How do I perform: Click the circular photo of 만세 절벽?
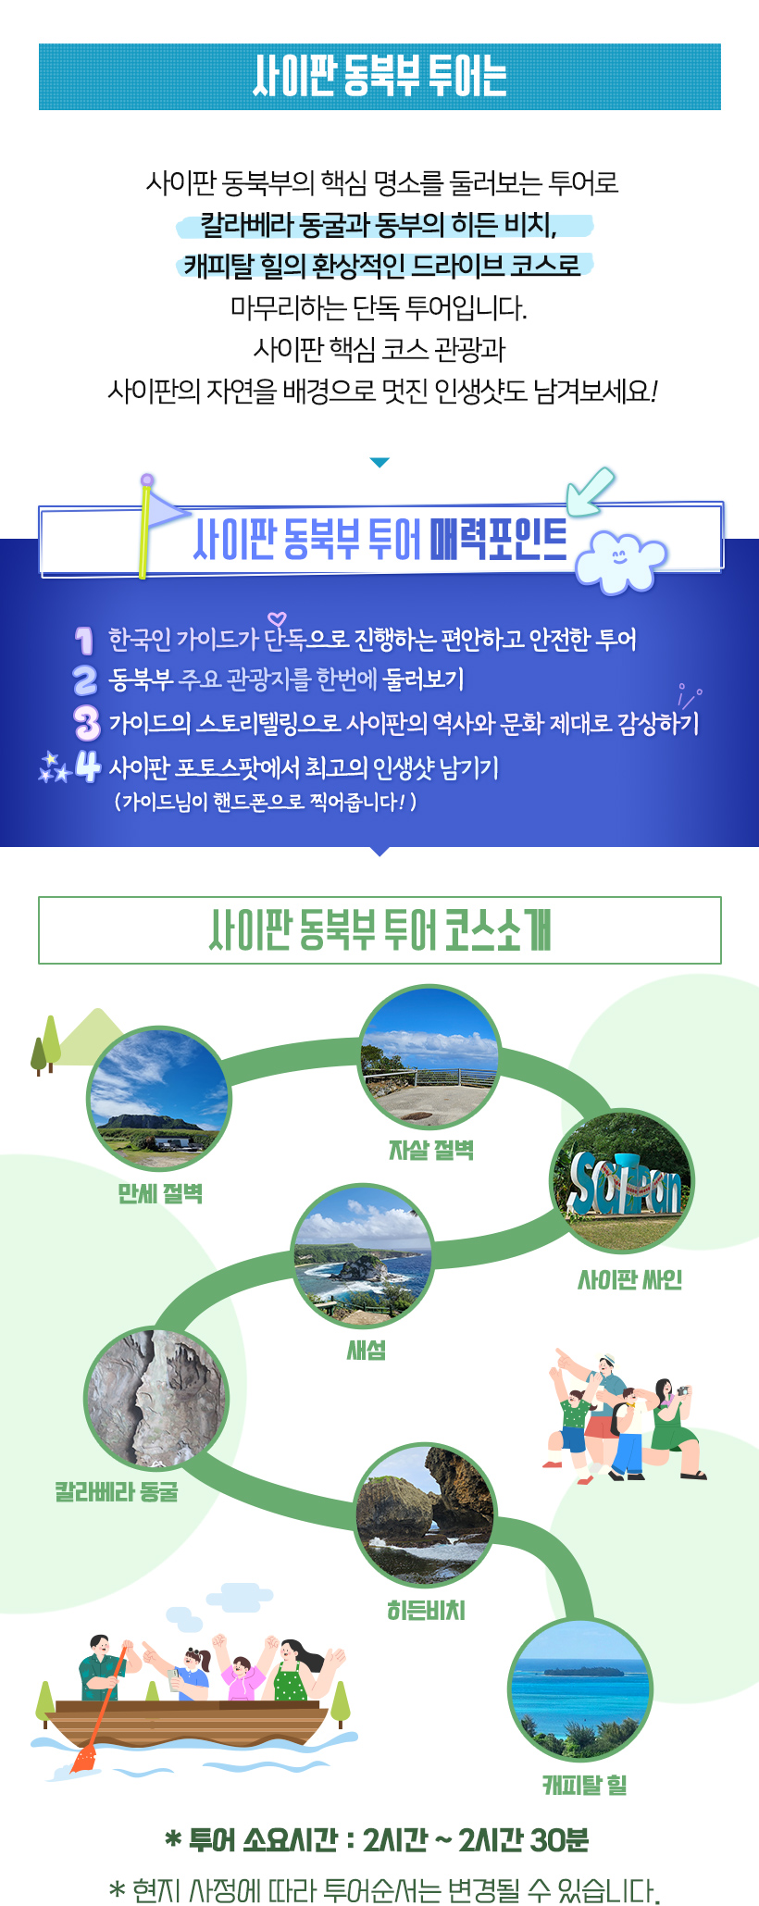pos(158,1100)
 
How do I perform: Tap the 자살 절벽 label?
pos(431,1150)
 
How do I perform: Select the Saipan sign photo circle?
pos(622,1181)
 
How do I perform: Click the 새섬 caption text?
pos(367,1350)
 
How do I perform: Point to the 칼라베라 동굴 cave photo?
pos(156,1400)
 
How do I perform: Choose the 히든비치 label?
pos(426,1611)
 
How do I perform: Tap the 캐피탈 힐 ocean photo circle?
pos(580,1691)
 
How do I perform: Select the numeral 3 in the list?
pos(86,723)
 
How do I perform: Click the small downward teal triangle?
pos(379,463)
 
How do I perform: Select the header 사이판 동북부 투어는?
pos(379,77)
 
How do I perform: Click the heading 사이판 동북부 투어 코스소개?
pos(379,930)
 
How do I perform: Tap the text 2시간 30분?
pos(523,1839)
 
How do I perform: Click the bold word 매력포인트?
pos(498,540)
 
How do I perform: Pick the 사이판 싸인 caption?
pos(630,1279)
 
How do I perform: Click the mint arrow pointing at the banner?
pos(590,492)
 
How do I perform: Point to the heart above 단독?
pos(276,619)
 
